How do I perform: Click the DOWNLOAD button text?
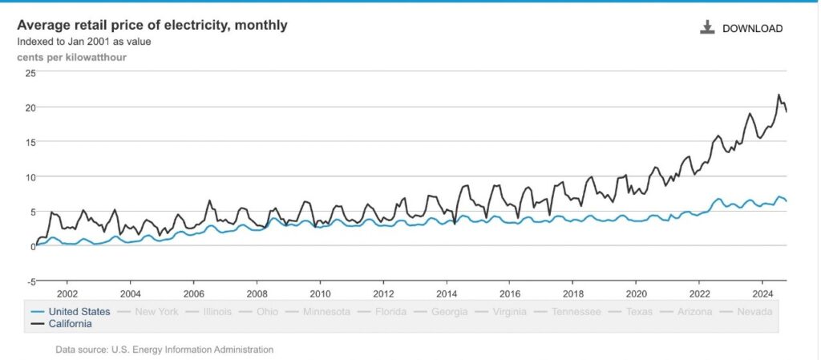(752, 29)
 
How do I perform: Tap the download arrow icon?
(707, 28)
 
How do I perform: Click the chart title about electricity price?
(152, 25)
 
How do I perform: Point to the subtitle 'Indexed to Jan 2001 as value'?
(84, 42)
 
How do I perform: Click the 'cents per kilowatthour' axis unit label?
(71, 58)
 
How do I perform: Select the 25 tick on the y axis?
(30, 73)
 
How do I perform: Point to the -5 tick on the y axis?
(30, 281)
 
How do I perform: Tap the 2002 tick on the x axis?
(67, 293)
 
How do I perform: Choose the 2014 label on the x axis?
(447, 293)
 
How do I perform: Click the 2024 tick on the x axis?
(763, 293)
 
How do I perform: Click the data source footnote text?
(164, 349)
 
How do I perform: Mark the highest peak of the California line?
(779, 95)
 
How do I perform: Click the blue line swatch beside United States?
(38, 312)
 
